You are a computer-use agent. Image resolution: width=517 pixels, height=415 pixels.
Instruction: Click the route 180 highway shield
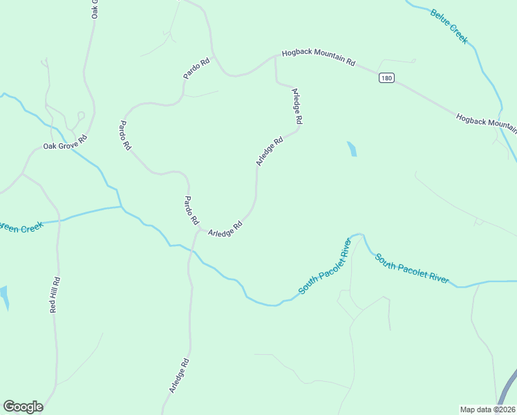click(x=386, y=78)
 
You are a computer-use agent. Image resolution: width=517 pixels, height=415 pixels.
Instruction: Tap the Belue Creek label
click(x=449, y=26)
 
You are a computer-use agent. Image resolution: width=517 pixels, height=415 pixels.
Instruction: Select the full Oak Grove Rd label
click(x=66, y=142)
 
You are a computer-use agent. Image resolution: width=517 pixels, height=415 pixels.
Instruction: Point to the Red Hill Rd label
click(x=55, y=295)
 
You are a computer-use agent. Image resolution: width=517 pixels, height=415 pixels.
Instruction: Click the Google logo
click(x=23, y=407)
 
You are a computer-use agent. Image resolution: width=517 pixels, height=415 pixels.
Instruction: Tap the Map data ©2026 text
click(x=488, y=409)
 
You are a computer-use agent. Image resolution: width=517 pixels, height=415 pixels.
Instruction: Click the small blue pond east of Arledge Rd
click(x=352, y=149)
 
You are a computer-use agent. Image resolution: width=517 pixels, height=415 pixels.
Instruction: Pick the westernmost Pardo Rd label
click(x=124, y=136)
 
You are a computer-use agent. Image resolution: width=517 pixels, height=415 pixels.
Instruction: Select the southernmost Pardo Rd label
click(x=191, y=211)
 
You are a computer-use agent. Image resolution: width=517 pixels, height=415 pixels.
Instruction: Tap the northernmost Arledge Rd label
click(x=298, y=106)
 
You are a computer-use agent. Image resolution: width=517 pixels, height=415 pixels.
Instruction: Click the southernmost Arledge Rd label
click(x=179, y=376)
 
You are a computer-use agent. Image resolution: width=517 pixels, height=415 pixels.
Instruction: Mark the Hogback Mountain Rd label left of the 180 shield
click(x=318, y=57)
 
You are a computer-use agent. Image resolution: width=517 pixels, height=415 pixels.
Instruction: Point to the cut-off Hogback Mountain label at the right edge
click(x=487, y=121)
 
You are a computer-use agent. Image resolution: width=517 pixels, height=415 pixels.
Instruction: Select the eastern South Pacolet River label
click(x=412, y=269)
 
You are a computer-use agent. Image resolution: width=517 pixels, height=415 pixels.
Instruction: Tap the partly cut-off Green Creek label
click(x=22, y=227)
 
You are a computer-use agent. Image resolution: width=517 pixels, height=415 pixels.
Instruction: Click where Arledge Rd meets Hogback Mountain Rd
click(x=276, y=57)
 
